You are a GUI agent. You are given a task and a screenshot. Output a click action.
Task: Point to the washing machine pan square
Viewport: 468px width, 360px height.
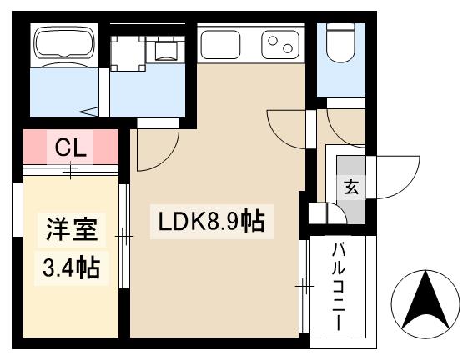128,52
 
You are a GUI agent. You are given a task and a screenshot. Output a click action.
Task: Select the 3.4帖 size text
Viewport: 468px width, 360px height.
70,267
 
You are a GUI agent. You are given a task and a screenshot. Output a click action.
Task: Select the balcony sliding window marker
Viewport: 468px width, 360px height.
304,287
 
